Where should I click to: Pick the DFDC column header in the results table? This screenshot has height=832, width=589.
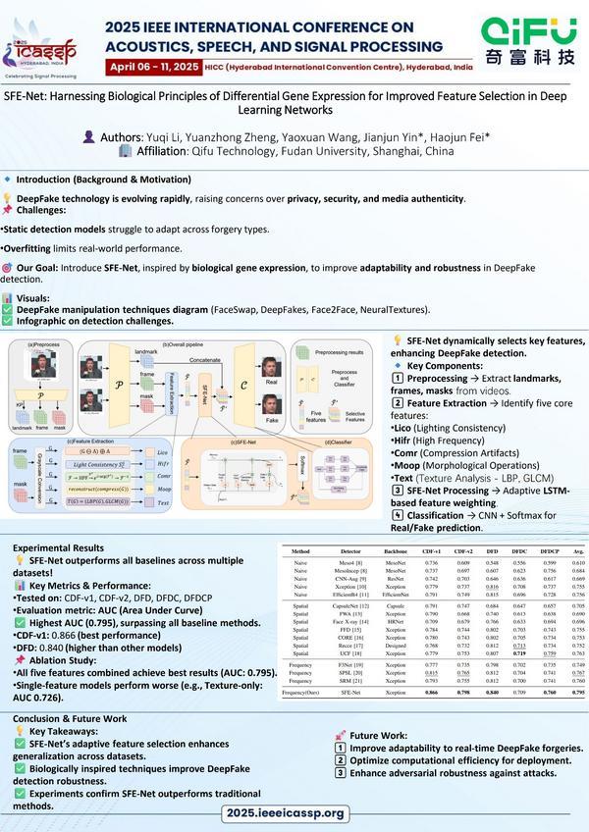click(521, 552)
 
